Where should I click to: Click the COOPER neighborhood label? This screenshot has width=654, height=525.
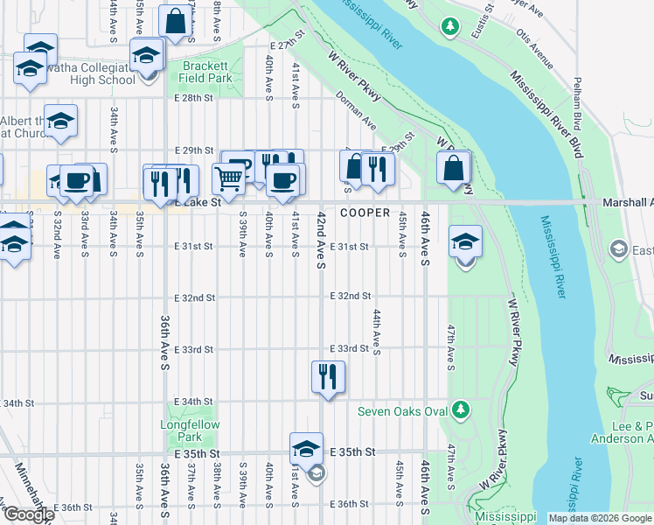click(x=365, y=213)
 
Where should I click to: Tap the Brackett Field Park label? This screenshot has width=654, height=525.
click(x=206, y=72)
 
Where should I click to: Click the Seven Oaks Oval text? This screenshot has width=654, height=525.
click(x=402, y=411)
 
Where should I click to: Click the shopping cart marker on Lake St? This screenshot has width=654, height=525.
click(x=228, y=179)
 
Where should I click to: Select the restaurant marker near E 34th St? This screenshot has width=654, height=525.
click(x=328, y=377)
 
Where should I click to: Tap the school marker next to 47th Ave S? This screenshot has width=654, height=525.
click(x=465, y=242)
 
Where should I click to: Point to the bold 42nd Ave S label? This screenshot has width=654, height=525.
click(x=322, y=239)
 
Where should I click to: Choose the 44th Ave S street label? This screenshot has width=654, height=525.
click(x=377, y=332)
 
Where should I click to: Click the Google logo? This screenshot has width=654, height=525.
click(x=29, y=514)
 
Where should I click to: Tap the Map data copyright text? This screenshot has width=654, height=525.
click(x=599, y=518)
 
